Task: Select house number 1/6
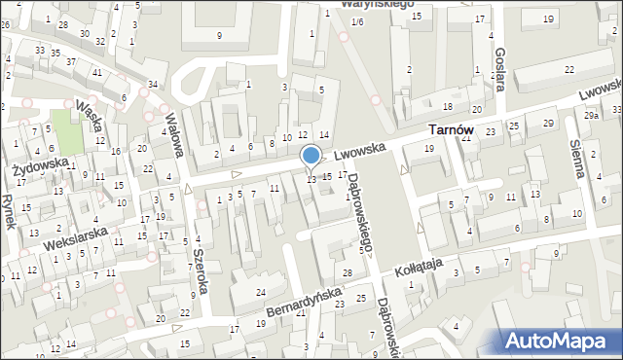pos(357,21)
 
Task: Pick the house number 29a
pos(591,116)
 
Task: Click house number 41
pos(96,72)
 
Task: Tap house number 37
pos(71,61)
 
